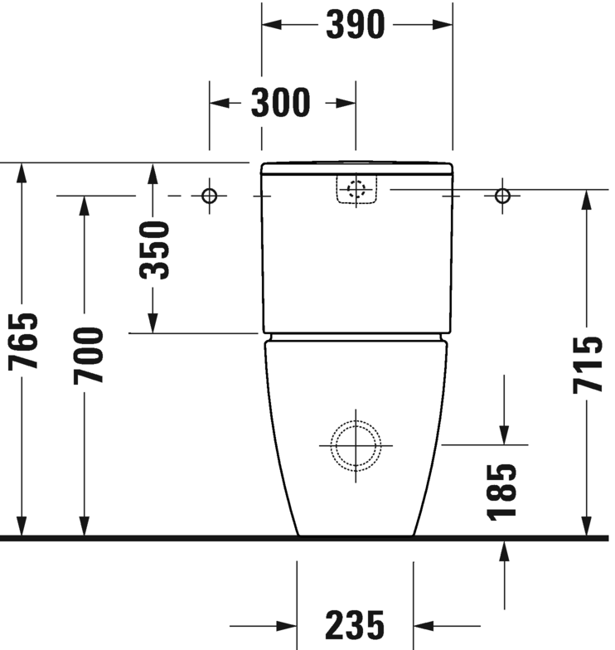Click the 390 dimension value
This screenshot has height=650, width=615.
tap(356, 25)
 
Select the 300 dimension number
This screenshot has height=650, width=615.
tap(280, 103)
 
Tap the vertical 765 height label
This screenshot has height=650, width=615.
tap(23, 341)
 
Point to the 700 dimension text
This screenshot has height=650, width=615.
tap(88, 356)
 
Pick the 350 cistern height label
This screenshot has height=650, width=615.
tap(154, 250)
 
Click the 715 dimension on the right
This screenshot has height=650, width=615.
tap(588, 365)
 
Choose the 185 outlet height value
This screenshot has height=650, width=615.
tap(502, 492)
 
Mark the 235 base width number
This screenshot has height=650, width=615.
tap(355, 625)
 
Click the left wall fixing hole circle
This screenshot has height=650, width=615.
tap(209, 196)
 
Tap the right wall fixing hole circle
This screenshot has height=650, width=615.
tap(502, 196)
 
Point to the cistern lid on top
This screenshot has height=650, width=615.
tap(356, 167)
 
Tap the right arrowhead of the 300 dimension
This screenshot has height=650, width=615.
tap(346, 103)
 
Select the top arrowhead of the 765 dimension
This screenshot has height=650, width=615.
tap(22, 173)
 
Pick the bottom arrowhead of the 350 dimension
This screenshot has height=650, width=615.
tap(153, 323)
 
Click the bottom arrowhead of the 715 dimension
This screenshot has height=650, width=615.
tap(586, 526)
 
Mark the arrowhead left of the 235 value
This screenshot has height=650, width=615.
tap(287, 626)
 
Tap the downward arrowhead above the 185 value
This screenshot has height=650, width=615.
tap(504, 434)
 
